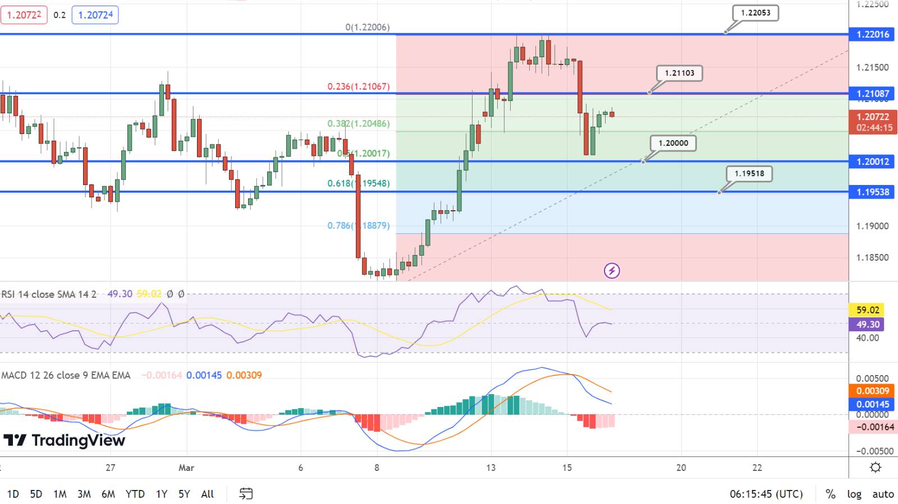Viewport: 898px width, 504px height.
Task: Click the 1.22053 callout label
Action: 755,13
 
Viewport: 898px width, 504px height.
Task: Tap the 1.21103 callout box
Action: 679,73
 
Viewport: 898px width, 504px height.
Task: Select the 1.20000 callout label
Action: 673,143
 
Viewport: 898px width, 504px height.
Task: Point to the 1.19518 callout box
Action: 749,173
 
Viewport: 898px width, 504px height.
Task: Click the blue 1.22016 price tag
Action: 873,34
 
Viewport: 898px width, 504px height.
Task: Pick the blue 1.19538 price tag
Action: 873,192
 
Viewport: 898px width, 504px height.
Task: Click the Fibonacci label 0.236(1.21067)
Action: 358,86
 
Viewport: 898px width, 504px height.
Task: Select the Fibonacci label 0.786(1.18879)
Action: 358,225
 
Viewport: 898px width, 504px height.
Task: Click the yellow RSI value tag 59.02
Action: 868,310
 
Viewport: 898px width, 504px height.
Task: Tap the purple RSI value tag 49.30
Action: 868,325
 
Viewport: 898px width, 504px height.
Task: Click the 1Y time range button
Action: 162,494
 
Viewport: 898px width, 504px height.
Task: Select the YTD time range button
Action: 135,494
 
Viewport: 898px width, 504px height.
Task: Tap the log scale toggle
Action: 854,494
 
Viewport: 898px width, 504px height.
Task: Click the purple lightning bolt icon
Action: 611,271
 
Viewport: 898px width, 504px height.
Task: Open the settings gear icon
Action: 875,467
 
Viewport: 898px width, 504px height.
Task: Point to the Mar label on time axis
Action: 186,468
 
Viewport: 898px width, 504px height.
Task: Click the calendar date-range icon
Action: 246,493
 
